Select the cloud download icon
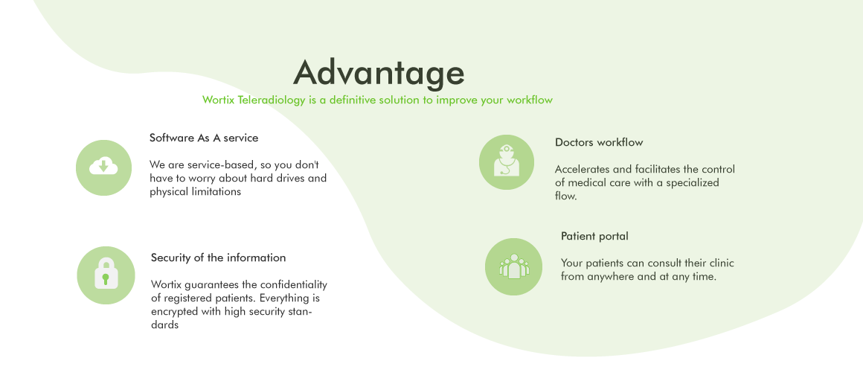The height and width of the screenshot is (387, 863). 103,166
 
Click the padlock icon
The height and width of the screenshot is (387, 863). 106,273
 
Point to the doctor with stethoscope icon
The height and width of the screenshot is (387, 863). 507,161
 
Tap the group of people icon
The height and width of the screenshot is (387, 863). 513,266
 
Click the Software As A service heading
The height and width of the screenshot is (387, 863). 204,138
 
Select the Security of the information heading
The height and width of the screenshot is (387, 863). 219,258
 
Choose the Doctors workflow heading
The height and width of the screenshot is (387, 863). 599,143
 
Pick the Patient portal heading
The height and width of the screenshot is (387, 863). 594,236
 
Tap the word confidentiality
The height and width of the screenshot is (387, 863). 293,284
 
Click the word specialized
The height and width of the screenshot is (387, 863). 693,183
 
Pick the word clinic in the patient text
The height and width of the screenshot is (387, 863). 722,263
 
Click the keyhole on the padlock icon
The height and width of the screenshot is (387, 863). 106,278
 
